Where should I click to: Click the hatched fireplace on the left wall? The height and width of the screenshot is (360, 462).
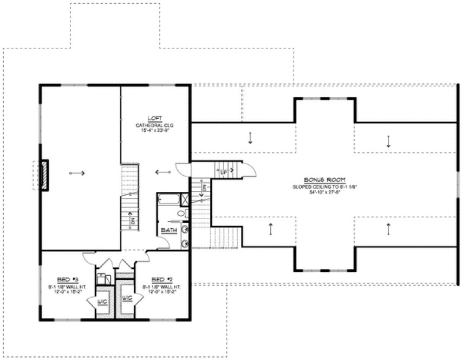click(x=43, y=175)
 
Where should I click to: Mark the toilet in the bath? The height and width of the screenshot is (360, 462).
click(x=181, y=215)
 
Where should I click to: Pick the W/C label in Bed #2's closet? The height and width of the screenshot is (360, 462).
click(x=127, y=299)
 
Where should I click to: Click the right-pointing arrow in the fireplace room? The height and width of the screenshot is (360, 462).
click(x=78, y=173)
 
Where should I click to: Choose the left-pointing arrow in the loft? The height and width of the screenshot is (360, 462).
click(x=162, y=172)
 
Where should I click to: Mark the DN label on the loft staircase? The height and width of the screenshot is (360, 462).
click(x=132, y=221)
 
